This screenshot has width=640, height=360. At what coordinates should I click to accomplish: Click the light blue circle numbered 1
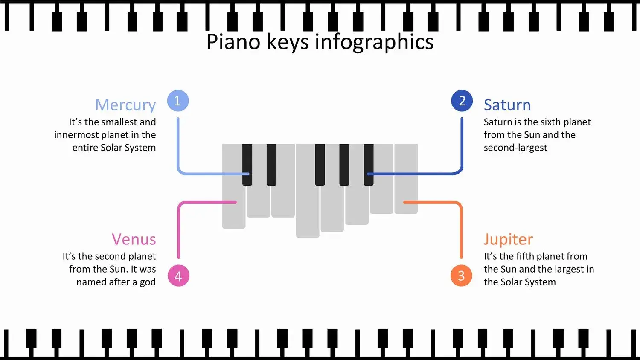coord(178,101)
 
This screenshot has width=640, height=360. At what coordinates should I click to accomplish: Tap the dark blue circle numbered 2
coord(462,101)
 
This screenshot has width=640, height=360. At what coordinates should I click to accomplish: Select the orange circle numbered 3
coord(461,276)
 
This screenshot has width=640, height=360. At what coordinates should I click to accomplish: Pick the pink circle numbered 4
coord(179,276)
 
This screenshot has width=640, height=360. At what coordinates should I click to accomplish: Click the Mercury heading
coord(125,105)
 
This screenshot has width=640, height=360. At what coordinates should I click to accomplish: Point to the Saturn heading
coord(507,105)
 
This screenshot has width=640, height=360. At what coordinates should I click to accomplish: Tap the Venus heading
coord(134,239)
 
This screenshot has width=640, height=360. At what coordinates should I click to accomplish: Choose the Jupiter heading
coord(508,239)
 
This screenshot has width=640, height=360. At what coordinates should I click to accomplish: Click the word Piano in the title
coord(233,42)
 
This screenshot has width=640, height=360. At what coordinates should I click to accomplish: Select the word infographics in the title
coord(374,42)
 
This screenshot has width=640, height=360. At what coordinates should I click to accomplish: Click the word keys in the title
coord(288,42)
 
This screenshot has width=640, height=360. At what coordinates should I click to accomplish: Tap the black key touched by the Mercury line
coord(247,165)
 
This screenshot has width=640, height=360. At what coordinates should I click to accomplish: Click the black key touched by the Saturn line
coord(369,165)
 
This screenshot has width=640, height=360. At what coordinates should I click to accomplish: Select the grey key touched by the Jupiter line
coord(406,179)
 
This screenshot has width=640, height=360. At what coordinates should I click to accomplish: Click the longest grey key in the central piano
coord(308,191)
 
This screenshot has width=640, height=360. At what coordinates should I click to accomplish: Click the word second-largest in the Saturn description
coord(515,148)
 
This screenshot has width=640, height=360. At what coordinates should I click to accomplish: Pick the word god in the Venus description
coord(148,282)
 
